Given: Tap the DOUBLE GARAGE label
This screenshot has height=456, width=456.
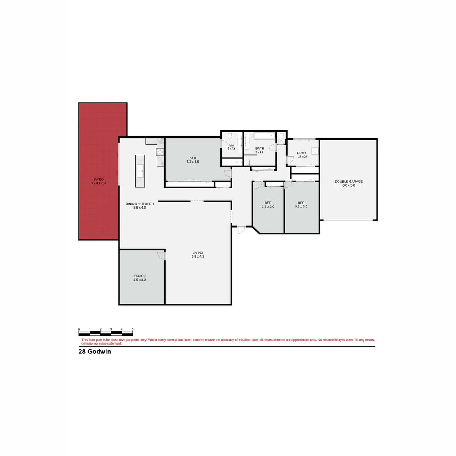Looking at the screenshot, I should click(x=349, y=182).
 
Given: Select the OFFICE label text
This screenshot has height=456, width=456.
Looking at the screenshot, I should click(x=140, y=276).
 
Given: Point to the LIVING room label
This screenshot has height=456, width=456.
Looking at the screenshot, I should click(x=198, y=252).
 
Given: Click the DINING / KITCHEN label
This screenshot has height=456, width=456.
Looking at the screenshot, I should click(x=140, y=204).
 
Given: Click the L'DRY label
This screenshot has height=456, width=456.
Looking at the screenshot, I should click(x=301, y=153).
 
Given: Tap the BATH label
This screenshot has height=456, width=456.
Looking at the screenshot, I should click(x=259, y=149).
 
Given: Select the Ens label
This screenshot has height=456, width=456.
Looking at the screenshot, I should click(x=231, y=145).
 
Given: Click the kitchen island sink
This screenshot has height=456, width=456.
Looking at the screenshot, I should click(x=140, y=171).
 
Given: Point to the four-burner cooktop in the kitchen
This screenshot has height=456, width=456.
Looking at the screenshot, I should click(x=160, y=152).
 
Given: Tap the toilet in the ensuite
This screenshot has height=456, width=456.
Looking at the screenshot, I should click(x=229, y=136).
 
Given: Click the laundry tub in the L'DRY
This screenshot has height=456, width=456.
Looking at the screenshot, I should click(x=315, y=151).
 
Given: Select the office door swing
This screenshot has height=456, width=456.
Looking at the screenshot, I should click(x=161, y=255).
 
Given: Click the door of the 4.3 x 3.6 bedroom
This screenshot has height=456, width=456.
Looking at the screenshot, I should click(x=228, y=173).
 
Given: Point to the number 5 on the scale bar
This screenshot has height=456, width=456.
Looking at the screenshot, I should click(x=133, y=329).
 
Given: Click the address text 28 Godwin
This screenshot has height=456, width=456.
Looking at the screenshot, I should click(x=95, y=351).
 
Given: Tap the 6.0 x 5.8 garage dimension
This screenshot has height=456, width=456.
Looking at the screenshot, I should click(x=349, y=185).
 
